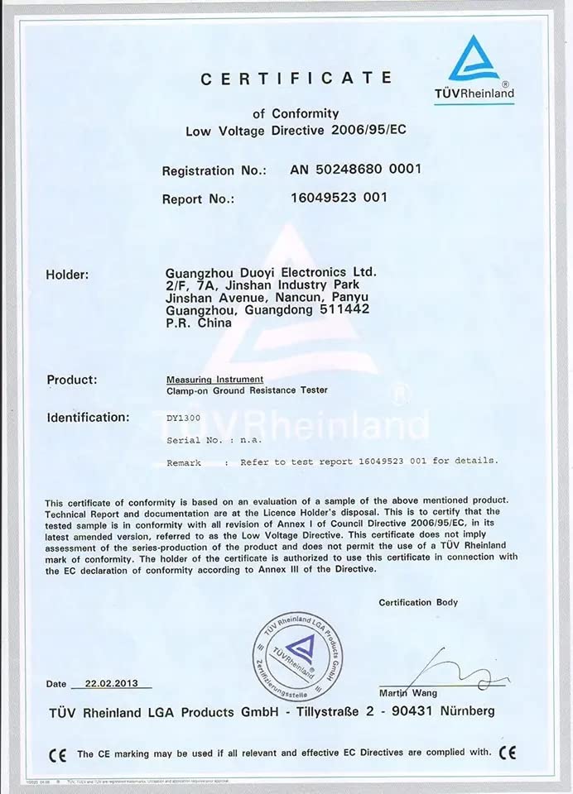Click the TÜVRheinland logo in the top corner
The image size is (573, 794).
(x=474, y=68)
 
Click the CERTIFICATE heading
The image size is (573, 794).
(x=296, y=78)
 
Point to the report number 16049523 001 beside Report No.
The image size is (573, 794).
(x=339, y=198)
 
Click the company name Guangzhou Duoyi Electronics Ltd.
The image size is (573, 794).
(x=271, y=272)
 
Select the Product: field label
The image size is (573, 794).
(x=72, y=380)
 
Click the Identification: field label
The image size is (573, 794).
(x=89, y=418)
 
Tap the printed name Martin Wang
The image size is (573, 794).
(x=408, y=693)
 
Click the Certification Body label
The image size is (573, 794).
(x=418, y=602)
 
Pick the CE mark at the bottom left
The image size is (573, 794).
(x=57, y=754)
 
